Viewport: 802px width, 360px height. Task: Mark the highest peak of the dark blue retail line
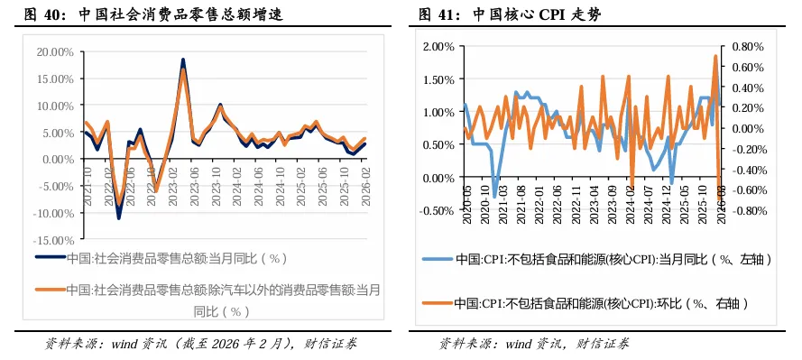click(183, 60)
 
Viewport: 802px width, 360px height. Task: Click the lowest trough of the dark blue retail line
click(118, 217)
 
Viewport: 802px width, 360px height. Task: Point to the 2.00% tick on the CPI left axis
click(436, 46)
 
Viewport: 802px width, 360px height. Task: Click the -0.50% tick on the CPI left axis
click(434, 211)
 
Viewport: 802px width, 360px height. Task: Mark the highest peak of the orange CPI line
click(715, 57)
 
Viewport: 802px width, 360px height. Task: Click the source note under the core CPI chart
click(534, 344)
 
